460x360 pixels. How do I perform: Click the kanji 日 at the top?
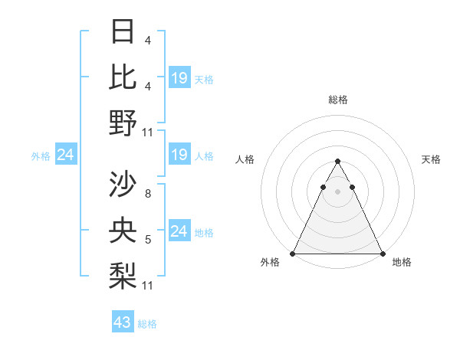(123, 32)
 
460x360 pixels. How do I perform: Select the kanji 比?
(123, 77)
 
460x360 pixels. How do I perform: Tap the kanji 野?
(123, 123)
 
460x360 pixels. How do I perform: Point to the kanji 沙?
(123, 184)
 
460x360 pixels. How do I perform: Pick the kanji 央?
(123, 230)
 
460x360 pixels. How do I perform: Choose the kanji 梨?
(123, 275)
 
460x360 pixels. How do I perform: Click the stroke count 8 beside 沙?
(147, 195)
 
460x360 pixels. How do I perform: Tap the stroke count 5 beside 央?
(147, 240)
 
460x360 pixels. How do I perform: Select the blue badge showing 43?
(123, 322)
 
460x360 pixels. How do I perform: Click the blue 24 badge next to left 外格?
(65, 155)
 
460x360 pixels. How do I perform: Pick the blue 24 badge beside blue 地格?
(179, 231)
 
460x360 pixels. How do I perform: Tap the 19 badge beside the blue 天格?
(179, 78)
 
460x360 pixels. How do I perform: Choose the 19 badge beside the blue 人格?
(179, 155)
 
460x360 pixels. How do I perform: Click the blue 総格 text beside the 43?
(147, 324)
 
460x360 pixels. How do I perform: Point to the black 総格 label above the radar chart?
(337, 100)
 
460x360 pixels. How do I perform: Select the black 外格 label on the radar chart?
(270, 262)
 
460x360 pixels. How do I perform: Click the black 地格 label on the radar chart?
(402, 262)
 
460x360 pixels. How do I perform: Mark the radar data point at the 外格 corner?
(293, 253)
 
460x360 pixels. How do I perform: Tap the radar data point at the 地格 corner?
(382, 253)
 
